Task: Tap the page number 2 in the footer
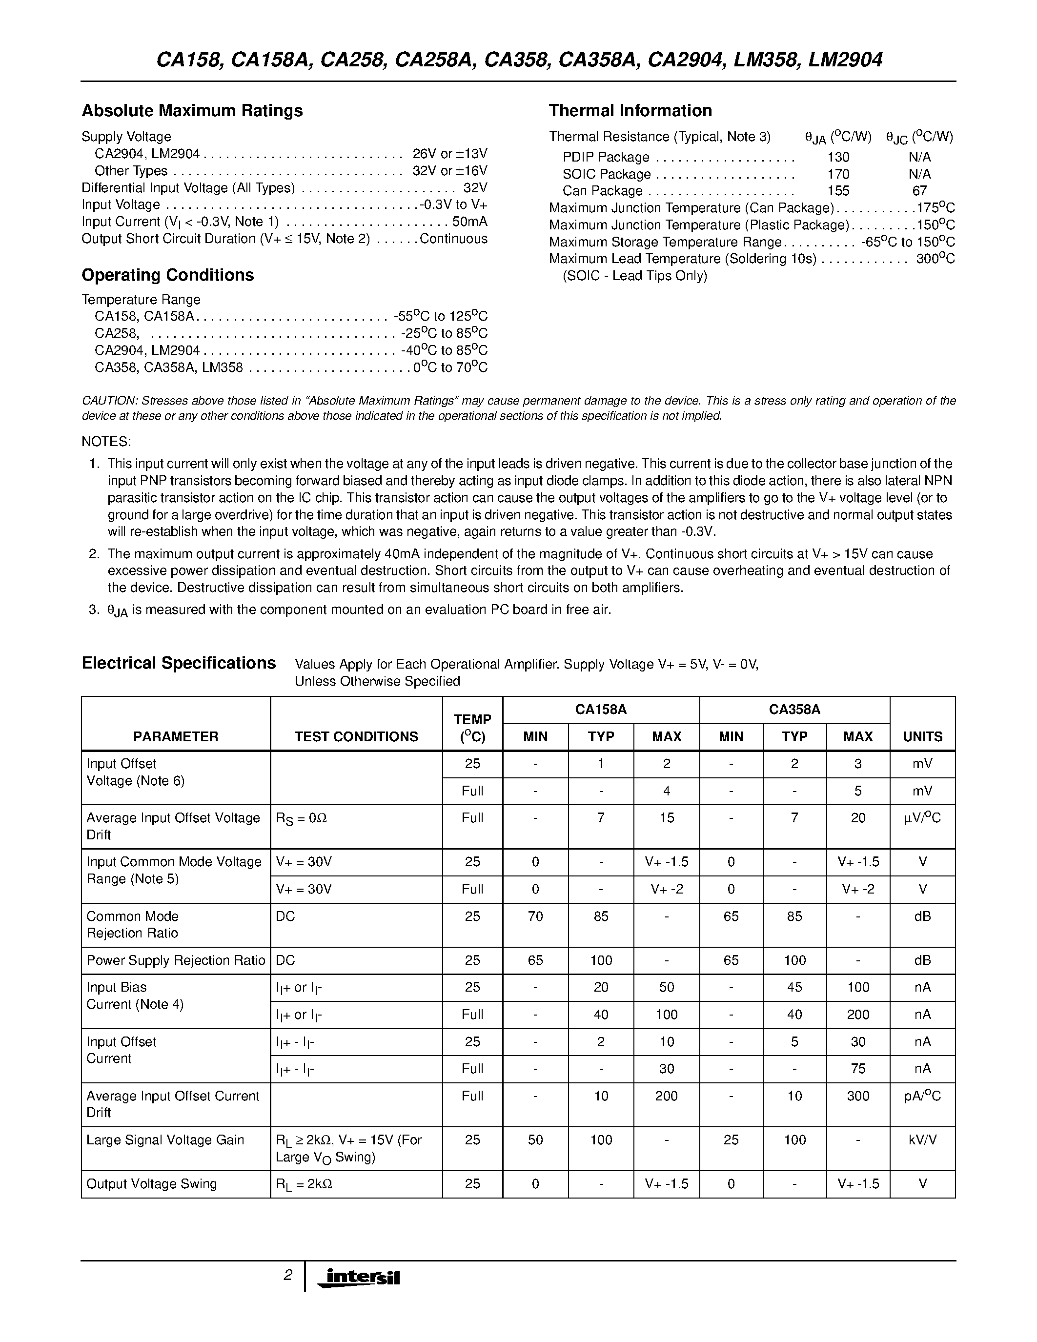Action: tap(287, 1276)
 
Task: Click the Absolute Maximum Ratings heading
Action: tap(192, 111)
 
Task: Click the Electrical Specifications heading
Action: tap(179, 663)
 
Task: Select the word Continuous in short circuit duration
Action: tap(453, 239)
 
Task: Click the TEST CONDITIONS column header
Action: tap(356, 736)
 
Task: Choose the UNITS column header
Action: tap(922, 736)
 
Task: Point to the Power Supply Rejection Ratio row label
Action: tap(176, 960)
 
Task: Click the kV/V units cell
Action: tap(922, 1140)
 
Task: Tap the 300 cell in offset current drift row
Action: tap(857, 1096)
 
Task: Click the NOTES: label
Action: tap(106, 442)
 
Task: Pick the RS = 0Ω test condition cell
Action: tap(301, 818)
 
